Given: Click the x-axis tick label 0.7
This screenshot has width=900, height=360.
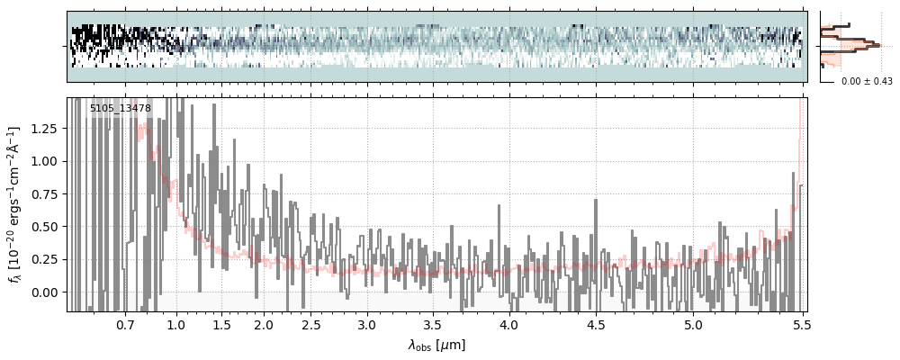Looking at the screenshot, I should (x=125, y=324).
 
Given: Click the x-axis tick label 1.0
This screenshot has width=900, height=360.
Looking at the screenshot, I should (x=176, y=324).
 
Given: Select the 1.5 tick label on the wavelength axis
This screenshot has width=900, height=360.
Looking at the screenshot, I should (x=221, y=324).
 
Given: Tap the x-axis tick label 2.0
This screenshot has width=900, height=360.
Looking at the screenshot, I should (x=264, y=324).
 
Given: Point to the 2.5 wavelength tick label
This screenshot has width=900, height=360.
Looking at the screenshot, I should (x=311, y=324).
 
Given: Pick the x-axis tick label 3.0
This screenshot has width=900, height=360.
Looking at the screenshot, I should (x=366, y=324).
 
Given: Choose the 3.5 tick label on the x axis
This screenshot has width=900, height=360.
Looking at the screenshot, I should (x=432, y=324).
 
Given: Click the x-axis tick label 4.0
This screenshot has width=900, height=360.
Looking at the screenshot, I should (x=508, y=324).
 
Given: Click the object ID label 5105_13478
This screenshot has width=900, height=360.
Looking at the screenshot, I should (x=120, y=109).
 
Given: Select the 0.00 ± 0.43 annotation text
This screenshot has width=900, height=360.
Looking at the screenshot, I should (x=865, y=82).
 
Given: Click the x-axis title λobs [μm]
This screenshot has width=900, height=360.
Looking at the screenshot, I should (x=436, y=345).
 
